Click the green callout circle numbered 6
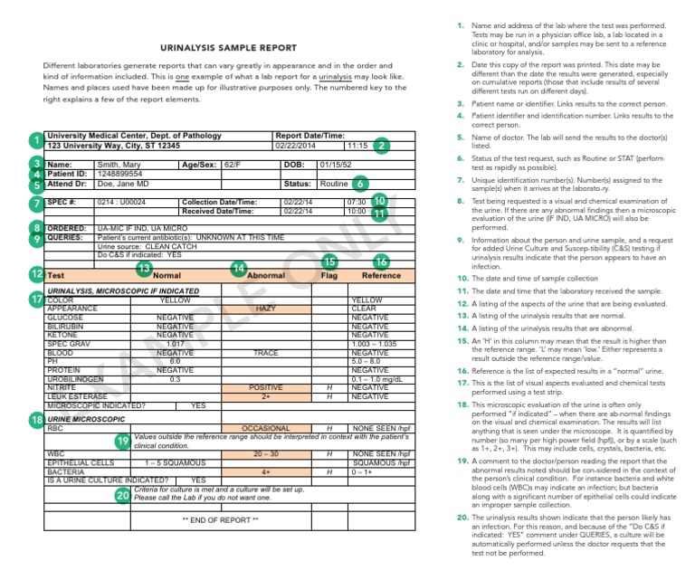(360, 183)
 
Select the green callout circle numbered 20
(122, 495)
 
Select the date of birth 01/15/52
(337, 164)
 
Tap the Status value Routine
(335, 184)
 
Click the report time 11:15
(356, 145)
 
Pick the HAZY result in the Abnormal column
(266, 309)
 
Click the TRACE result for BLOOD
(266, 353)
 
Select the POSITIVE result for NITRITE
(266, 387)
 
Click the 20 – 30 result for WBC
(266, 452)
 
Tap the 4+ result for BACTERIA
(266, 471)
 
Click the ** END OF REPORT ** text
(220, 519)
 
